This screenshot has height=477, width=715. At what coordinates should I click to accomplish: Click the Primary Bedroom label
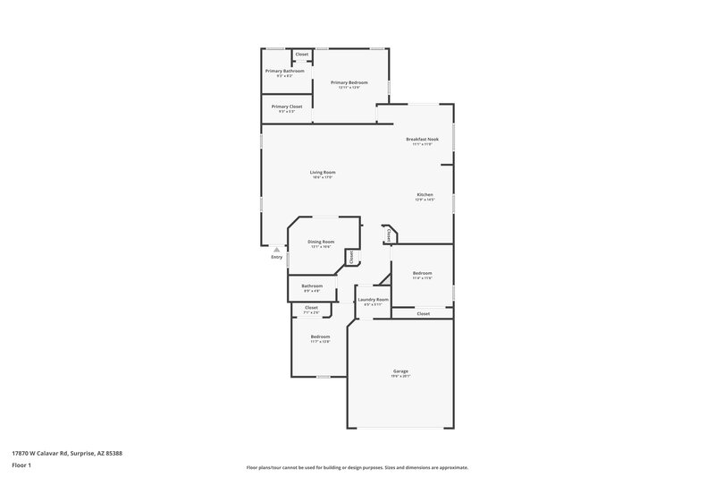349,82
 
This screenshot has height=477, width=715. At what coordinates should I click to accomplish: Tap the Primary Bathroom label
284,71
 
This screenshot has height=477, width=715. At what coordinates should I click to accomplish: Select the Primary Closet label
287,106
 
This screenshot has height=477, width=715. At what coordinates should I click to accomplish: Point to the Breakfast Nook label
422,140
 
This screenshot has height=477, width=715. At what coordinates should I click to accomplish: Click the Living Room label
323,172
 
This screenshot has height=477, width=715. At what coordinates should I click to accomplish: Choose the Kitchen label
425,195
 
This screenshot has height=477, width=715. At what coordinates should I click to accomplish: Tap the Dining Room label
321,242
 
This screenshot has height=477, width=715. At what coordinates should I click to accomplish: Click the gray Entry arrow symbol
277,250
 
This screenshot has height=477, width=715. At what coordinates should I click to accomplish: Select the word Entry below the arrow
277,258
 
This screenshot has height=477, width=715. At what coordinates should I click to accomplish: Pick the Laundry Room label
373,300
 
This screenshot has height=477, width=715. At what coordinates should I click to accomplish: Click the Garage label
400,371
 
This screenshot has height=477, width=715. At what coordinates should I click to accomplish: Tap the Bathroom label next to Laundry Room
312,285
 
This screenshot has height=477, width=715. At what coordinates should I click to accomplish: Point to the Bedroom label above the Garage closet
422,273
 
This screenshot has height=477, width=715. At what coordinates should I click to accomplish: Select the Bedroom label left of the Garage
320,336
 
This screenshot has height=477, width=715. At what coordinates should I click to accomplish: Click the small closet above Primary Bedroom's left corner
302,55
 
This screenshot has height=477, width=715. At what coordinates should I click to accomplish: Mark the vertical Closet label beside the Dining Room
352,256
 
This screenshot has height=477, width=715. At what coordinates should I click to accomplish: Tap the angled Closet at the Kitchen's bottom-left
390,234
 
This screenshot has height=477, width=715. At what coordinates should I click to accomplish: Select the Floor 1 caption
21,466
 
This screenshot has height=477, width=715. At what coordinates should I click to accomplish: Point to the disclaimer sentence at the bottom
357,467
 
